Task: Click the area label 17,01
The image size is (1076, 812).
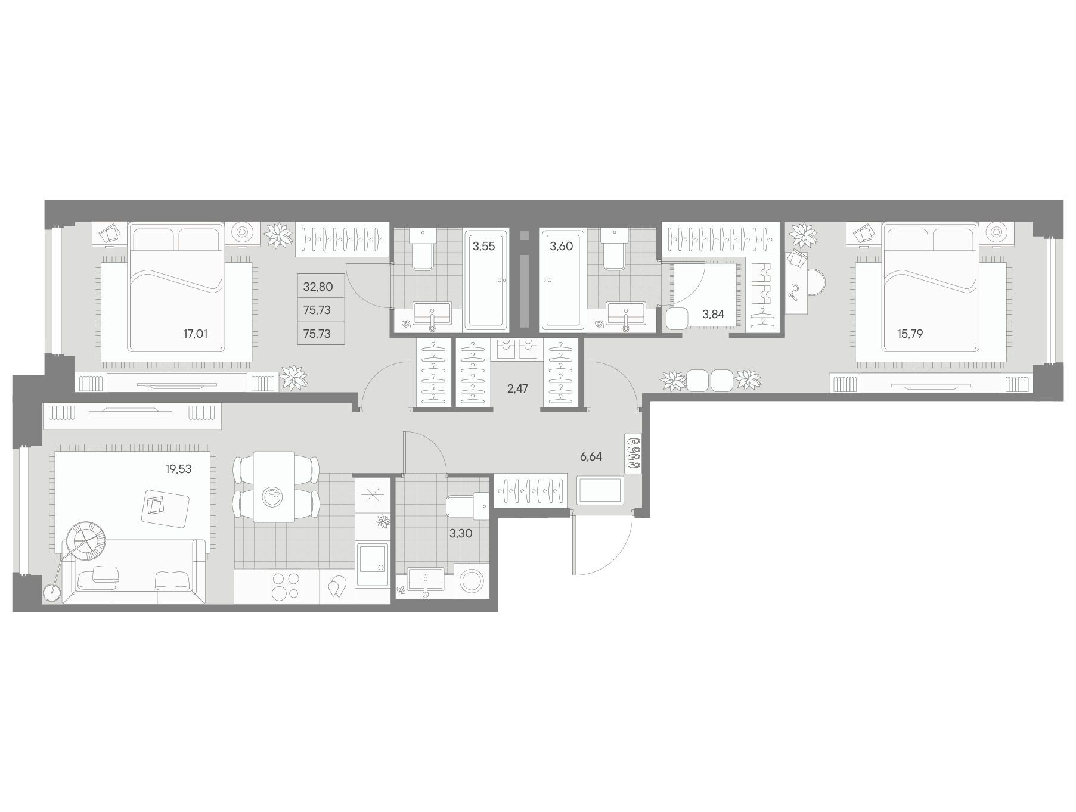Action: click(x=195, y=334)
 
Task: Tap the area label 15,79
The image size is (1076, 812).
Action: click(x=910, y=334)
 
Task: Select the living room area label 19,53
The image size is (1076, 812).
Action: click(x=178, y=469)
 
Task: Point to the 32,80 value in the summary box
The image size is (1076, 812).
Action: click(x=318, y=287)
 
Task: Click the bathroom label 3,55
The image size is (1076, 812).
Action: click(x=483, y=246)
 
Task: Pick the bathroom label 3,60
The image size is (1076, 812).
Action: click(x=561, y=246)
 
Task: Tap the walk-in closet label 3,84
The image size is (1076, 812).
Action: click(x=713, y=314)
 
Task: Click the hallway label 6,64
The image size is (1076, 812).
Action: click(x=591, y=457)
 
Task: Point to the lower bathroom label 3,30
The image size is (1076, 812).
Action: click(x=460, y=534)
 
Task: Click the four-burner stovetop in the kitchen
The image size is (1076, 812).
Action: click(x=285, y=586)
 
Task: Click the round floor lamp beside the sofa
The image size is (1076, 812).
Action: click(x=53, y=593)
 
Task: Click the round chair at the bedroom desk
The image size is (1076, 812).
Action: click(x=815, y=281)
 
